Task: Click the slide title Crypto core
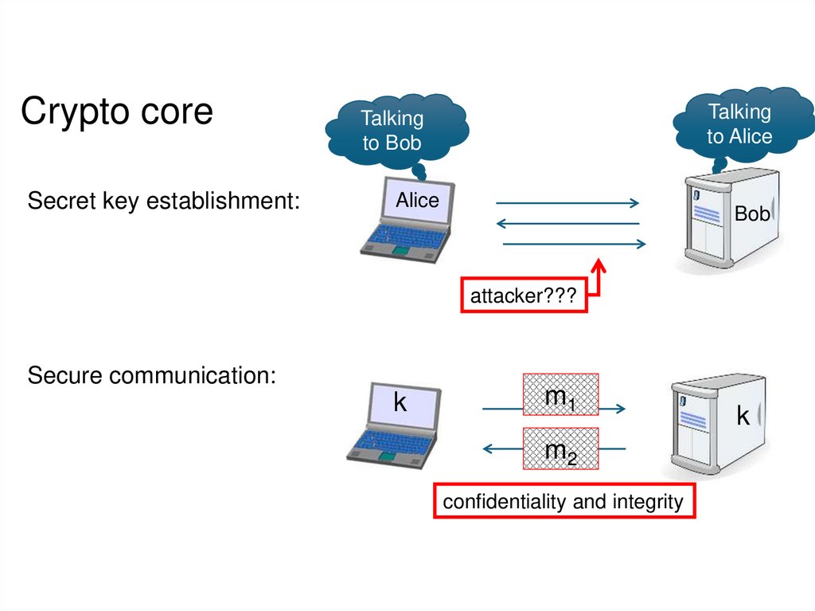coord(116,112)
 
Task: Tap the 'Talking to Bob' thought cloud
coord(392,131)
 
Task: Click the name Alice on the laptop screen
coord(417,201)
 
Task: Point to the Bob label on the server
coord(751,213)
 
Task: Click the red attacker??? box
coord(524,296)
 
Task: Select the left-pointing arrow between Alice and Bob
coord(567,223)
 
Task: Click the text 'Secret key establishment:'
coord(164,202)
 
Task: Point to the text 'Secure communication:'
coord(152,375)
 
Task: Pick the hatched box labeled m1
coord(560,396)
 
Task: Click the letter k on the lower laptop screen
coord(400,403)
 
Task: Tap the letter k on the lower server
coord(743,415)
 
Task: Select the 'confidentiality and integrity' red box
coord(563,502)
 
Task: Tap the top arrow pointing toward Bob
coord(568,202)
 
